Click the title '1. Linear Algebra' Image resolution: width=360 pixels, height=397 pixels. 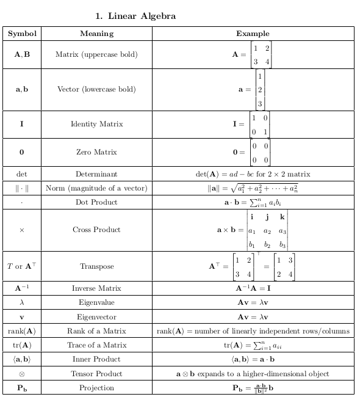pos(135,16)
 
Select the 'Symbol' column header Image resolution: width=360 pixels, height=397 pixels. pos(22,34)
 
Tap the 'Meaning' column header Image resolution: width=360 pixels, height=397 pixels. pos(96,34)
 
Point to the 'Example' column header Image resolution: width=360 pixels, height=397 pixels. pos(253,34)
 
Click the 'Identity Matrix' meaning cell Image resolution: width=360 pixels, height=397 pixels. pos(96,124)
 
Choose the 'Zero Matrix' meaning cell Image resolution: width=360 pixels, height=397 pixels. pos(96,152)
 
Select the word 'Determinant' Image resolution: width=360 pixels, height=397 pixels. pos(96,174)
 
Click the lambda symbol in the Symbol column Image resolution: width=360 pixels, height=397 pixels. pos(22,302)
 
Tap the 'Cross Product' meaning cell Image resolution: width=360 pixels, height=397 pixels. pos(96,230)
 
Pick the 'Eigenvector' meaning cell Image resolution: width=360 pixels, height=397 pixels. pos(96,317)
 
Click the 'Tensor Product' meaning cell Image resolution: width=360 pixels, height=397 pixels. pos(96,373)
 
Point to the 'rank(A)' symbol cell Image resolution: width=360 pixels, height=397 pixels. pos(22,331)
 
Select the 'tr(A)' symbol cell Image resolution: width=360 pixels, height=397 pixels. pos(22,345)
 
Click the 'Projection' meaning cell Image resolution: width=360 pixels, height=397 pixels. pos(96,388)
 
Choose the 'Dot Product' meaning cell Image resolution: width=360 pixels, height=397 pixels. pos(96,202)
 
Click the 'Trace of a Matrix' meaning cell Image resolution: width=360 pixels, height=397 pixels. pos(96,345)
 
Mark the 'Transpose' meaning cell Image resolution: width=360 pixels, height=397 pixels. pos(96,266)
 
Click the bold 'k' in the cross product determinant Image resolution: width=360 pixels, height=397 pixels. pos(282,217)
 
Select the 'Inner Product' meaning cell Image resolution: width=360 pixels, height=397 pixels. pos(96,359)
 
